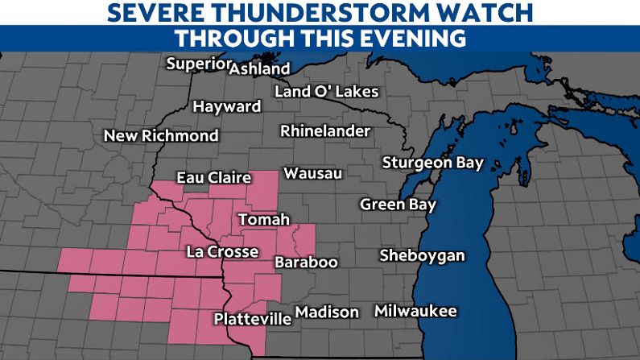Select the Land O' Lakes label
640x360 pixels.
[326, 92]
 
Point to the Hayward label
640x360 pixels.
[227, 107]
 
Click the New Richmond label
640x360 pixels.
[161, 136]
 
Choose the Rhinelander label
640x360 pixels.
[325, 131]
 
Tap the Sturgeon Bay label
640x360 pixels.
[432, 163]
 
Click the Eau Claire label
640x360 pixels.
[213, 179]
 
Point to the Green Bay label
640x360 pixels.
[398, 205]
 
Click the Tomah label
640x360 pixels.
[263, 220]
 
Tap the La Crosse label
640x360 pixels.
[222, 252]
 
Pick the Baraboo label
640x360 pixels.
[306, 263]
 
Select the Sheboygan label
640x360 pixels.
[423, 256]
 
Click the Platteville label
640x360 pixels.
[252, 319]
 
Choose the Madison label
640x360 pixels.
[327, 312]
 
